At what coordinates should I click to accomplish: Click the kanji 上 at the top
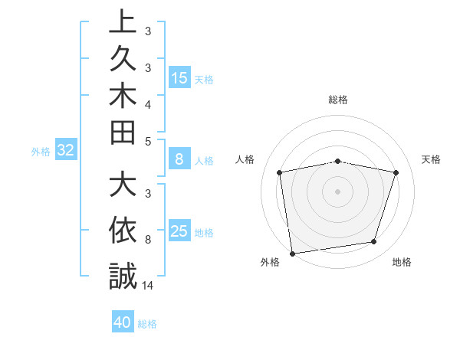[123, 21]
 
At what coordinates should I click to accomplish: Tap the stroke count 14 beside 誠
[148, 286]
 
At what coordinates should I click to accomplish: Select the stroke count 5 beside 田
[148, 141]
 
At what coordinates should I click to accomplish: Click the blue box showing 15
[179, 77]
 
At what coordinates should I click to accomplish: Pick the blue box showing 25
[179, 231]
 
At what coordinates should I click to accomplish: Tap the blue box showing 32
[65, 151]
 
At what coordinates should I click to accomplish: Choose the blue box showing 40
[123, 322]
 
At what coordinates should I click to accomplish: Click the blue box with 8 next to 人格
[179, 160]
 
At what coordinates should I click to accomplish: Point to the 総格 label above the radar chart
[338, 100]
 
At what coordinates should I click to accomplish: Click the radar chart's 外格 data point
[292, 253]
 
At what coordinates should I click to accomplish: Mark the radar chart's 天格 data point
[396, 172]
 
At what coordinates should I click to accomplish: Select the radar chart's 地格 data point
[374, 242]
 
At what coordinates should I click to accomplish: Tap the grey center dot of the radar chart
[338, 191]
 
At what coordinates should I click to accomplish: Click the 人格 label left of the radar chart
[245, 159]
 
